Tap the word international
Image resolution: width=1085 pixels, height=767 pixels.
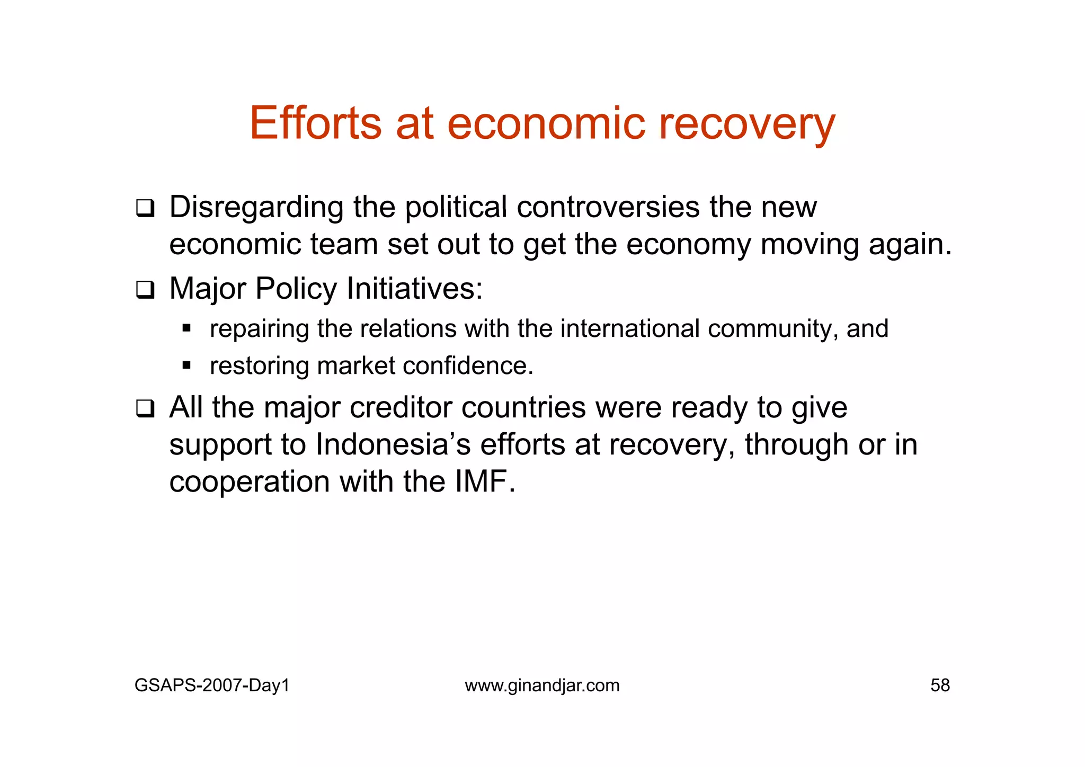pyautogui.click(x=630, y=328)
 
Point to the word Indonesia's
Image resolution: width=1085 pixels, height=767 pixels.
pyautogui.click(x=393, y=444)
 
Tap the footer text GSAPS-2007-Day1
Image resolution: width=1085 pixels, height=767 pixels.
pyautogui.click(x=212, y=685)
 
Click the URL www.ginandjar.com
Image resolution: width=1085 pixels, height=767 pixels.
pyautogui.click(x=542, y=685)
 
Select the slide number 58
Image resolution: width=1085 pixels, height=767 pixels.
pyautogui.click(x=940, y=685)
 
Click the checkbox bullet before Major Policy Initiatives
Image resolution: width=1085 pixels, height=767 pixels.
pyautogui.click(x=145, y=290)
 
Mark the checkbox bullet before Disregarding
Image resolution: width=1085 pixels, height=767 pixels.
pyautogui.click(x=145, y=208)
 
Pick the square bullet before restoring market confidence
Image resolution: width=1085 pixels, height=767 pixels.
pyautogui.click(x=186, y=365)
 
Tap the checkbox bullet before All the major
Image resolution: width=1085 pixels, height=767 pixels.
pyautogui.click(x=145, y=409)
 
